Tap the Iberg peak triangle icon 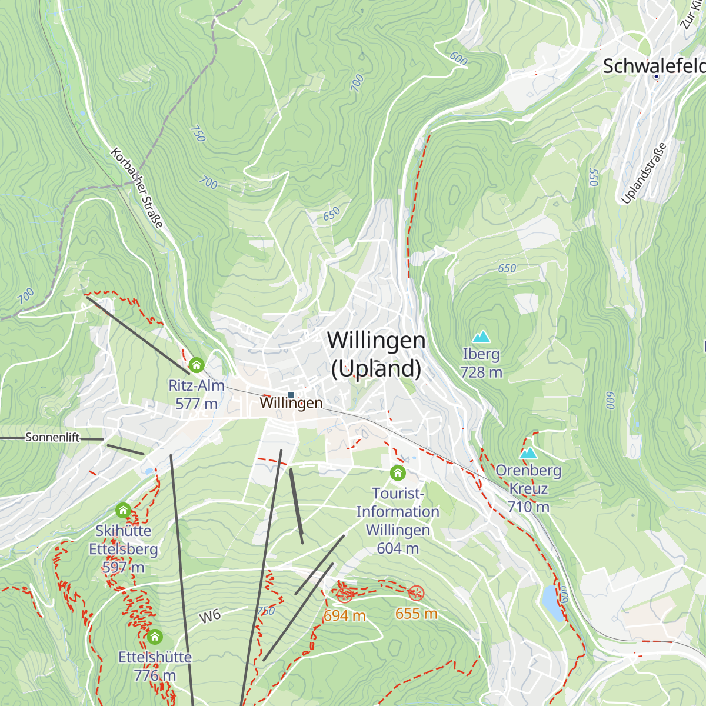(x=481, y=337)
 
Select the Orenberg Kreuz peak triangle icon (x=528, y=453)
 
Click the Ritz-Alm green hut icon (x=197, y=365)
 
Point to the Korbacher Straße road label (x=136, y=188)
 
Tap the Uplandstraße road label (x=644, y=173)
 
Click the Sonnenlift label (x=52, y=437)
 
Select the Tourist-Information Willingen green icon (x=398, y=472)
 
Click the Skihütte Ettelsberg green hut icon (x=123, y=509)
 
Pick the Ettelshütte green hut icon (x=155, y=636)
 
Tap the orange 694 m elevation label (x=345, y=615)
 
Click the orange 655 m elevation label (x=416, y=614)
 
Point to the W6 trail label (x=210, y=616)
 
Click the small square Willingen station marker (x=291, y=395)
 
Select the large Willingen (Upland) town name (x=377, y=354)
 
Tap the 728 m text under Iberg (x=481, y=372)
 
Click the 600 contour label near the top (x=458, y=58)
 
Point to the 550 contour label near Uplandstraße (x=593, y=177)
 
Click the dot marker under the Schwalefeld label (x=656, y=76)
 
